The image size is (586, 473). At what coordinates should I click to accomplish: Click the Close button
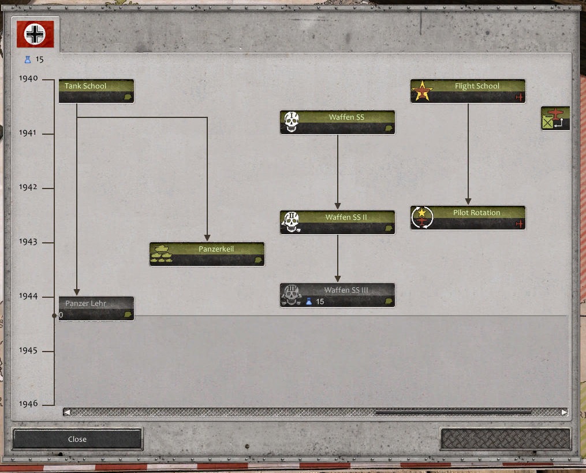click(x=77, y=439)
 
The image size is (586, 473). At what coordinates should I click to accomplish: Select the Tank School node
click(x=96, y=91)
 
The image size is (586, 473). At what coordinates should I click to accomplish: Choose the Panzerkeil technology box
click(x=207, y=254)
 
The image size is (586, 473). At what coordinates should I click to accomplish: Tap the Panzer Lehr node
click(x=96, y=308)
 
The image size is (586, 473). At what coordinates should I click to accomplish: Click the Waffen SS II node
click(x=338, y=222)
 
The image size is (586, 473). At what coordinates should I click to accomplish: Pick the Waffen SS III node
click(x=338, y=295)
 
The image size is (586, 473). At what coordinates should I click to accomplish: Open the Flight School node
click(x=468, y=91)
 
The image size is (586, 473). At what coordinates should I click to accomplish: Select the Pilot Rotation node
click(x=468, y=218)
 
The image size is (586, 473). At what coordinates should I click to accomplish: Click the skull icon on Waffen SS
click(x=292, y=122)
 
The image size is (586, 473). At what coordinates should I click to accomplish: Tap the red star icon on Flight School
click(x=422, y=91)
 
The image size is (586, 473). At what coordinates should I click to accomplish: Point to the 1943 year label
click(x=28, y=242)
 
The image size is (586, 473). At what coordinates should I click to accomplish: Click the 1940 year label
click(x=28, y=78)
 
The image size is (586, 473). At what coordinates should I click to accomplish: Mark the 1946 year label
click(x=28, y=404)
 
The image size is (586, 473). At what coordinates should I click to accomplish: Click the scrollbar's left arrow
click(x=67, y=412)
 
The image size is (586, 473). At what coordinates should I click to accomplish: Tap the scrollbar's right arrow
click(x=564, y=412)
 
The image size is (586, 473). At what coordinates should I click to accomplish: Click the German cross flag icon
click(x=35, y=34)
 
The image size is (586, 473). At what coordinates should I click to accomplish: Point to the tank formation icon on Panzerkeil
click(x=162, y=254)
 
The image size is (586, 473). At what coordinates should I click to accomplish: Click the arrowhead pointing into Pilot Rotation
click(x=468, y=201)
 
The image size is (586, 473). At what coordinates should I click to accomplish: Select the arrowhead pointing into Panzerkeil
click(x=207, y=238)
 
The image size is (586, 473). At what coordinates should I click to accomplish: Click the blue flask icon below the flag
click(x=28, y=60)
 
